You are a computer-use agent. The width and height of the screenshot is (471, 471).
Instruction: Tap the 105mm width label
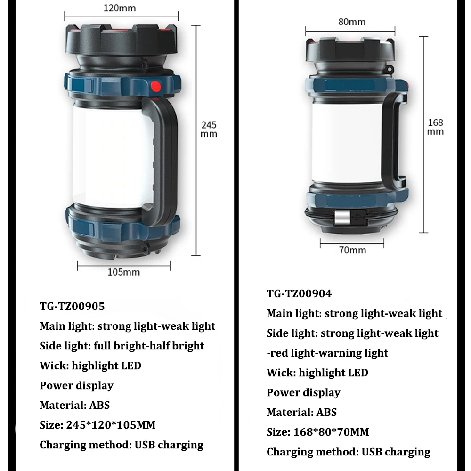pyautogui.click(x=123, y=272)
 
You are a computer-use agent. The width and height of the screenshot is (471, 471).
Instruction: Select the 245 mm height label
pyautogui.click(x=209, y=129)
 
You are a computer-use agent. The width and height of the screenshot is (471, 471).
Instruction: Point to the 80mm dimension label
pyautogui.click(x=351, y=22)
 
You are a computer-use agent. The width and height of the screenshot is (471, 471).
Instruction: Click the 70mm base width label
pyautogui.click(x=352, y=250)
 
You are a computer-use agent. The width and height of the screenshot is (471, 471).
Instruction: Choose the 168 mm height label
pyautogui.click(x=435, y=127)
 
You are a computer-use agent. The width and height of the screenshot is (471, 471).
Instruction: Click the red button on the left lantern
pyautogui.click(x=155, y=87)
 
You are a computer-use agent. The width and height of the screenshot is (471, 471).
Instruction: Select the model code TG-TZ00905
pyautogui.click(x=72, y=306)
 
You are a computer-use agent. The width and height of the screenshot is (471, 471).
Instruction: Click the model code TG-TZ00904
pyautogui.click(x=299, y=293)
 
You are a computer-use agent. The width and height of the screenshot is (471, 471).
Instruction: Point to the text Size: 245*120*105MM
pyautogui.click(x=97, y=425)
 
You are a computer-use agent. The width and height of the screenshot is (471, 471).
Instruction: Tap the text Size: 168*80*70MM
pyautogui.click(x=317, y=432)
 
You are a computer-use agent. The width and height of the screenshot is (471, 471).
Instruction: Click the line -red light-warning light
pyautogui.click(x=327, y=353)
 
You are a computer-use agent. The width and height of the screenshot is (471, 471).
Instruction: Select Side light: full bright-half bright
pyautogui.click(x=122, y=346)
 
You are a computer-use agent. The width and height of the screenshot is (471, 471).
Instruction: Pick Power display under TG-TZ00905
pyautogui.click(x=76, y=385)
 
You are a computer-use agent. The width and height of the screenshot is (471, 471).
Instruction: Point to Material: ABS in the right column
pyautogui.click(x=301, y=412)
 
